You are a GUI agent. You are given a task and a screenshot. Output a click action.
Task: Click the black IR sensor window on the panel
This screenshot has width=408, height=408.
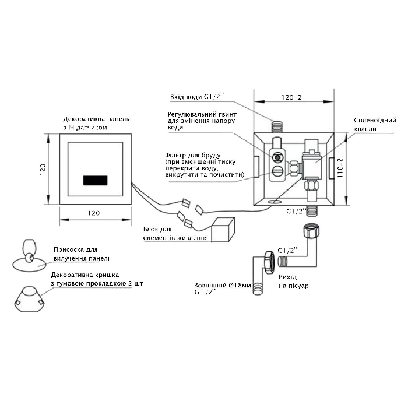pyautogui.click(x=95, y=180)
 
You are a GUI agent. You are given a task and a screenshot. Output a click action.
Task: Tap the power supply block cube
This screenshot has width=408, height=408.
pyautogui.click(x=223, y=230)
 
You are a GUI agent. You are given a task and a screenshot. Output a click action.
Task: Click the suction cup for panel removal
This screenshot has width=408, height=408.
pyautogui.click(x=29, y=256)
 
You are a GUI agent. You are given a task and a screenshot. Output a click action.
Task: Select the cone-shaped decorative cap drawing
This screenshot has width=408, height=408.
pyautogui.click(x=29, y=299)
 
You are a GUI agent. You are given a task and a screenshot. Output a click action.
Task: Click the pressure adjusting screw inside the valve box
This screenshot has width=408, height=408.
pyautogui.click(x=277, y=157)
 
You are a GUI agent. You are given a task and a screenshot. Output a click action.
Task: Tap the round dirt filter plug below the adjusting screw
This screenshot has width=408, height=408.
pyautogui.click(x=277, y=171)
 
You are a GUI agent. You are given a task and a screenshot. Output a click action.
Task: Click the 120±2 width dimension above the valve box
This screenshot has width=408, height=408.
pyautogui.click(x=291, y=97)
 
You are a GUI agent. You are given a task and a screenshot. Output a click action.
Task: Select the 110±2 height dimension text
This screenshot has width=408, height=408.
pyautogui.click(x=340, y=168)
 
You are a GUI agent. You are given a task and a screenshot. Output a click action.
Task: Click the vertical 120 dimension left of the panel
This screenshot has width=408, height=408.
pyautogui.click(x=43, y=170)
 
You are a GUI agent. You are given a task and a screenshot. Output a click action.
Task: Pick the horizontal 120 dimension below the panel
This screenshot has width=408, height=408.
pyautogui.click(x=93, y=213)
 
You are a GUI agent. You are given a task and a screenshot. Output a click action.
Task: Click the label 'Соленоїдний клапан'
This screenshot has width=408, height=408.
pyautogui.click(x=375, y=124)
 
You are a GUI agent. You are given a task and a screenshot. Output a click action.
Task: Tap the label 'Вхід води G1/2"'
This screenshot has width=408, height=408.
pyautogui.click(x=197, y=97)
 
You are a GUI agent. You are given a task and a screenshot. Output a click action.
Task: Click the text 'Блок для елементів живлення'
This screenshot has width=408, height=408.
pyautogui.click(x=175, y=233)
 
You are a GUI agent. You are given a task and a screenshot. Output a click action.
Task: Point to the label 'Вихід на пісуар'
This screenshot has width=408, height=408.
pyautogui.click(x=294, y=282)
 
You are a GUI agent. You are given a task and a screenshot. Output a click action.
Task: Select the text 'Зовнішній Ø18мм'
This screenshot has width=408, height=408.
pyautogui.click(x=223, y=286)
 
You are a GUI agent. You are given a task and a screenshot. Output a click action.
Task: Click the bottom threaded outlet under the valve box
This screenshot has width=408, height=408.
pyautogui.click(x=312, y=211)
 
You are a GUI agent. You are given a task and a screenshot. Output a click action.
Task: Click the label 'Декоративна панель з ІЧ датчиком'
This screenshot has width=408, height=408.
pyautogui.click(x=96, y=124)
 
